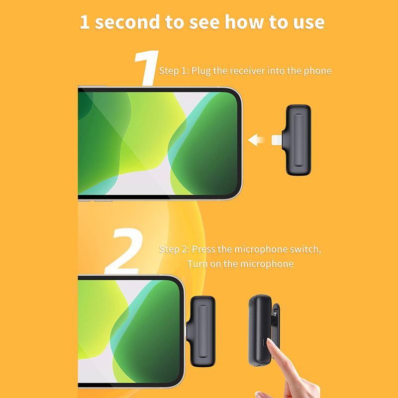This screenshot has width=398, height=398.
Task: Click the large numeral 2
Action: tap(124, 251)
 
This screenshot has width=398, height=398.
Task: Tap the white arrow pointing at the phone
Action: tap(256, 140)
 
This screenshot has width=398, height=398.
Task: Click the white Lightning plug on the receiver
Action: tap(277, 140)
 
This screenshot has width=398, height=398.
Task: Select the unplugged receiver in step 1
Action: tap(297, 140)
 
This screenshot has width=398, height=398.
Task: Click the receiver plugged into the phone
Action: tap(201, 331)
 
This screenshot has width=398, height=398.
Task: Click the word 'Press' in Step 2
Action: tap(203, 249)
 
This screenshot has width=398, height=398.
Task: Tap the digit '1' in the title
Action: tap(85, 22)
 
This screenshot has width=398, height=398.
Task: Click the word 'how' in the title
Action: tap(244, 22)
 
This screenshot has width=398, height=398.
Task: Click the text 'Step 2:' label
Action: tap(174, 250)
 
